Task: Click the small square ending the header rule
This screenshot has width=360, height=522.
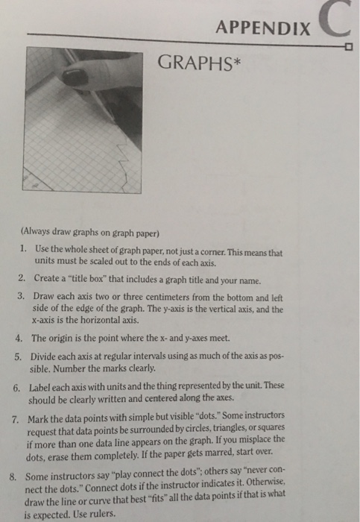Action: point(348,46)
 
